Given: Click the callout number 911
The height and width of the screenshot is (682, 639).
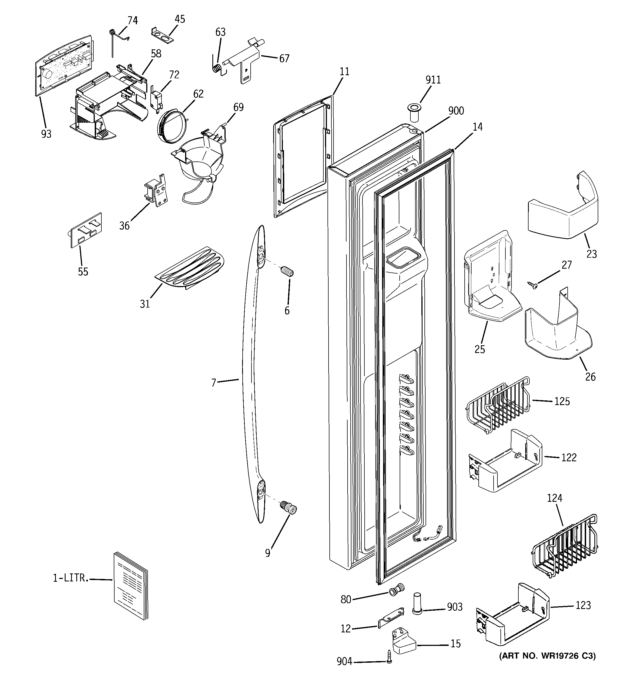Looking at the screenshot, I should click(433, 80).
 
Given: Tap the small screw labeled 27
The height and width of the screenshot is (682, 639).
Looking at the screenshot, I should click(532, 285).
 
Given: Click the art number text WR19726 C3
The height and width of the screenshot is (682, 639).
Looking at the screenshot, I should click(547, 656).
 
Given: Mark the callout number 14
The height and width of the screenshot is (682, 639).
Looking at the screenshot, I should click(477, 127).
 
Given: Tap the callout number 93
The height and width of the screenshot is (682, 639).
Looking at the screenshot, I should click(46, 134).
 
